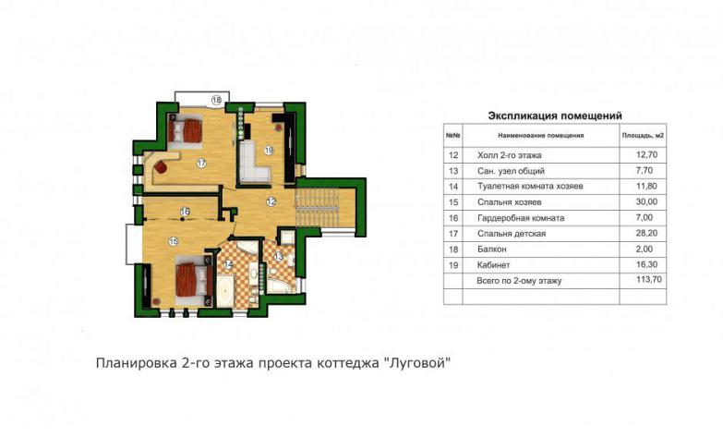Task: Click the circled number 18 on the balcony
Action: (216, 99)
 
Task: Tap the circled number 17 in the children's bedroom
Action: (200, 163)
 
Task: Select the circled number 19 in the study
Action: (269, 150)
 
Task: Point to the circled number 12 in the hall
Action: (271, 201)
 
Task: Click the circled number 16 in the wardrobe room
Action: (185, 212)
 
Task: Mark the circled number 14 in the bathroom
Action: (228, 264)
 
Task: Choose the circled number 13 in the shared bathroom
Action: (278, 257)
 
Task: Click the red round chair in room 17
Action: (160, 166)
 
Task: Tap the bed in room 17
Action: (185, 130)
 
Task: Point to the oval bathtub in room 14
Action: (225, 290)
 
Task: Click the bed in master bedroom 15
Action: (194, 281)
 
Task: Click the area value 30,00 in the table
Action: (646, 201)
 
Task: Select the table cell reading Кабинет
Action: (494, 265)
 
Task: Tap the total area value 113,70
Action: (646, 280)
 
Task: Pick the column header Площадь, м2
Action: (643, 136)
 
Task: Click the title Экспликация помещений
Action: (555, 116)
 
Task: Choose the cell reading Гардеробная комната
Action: (521, 218)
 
